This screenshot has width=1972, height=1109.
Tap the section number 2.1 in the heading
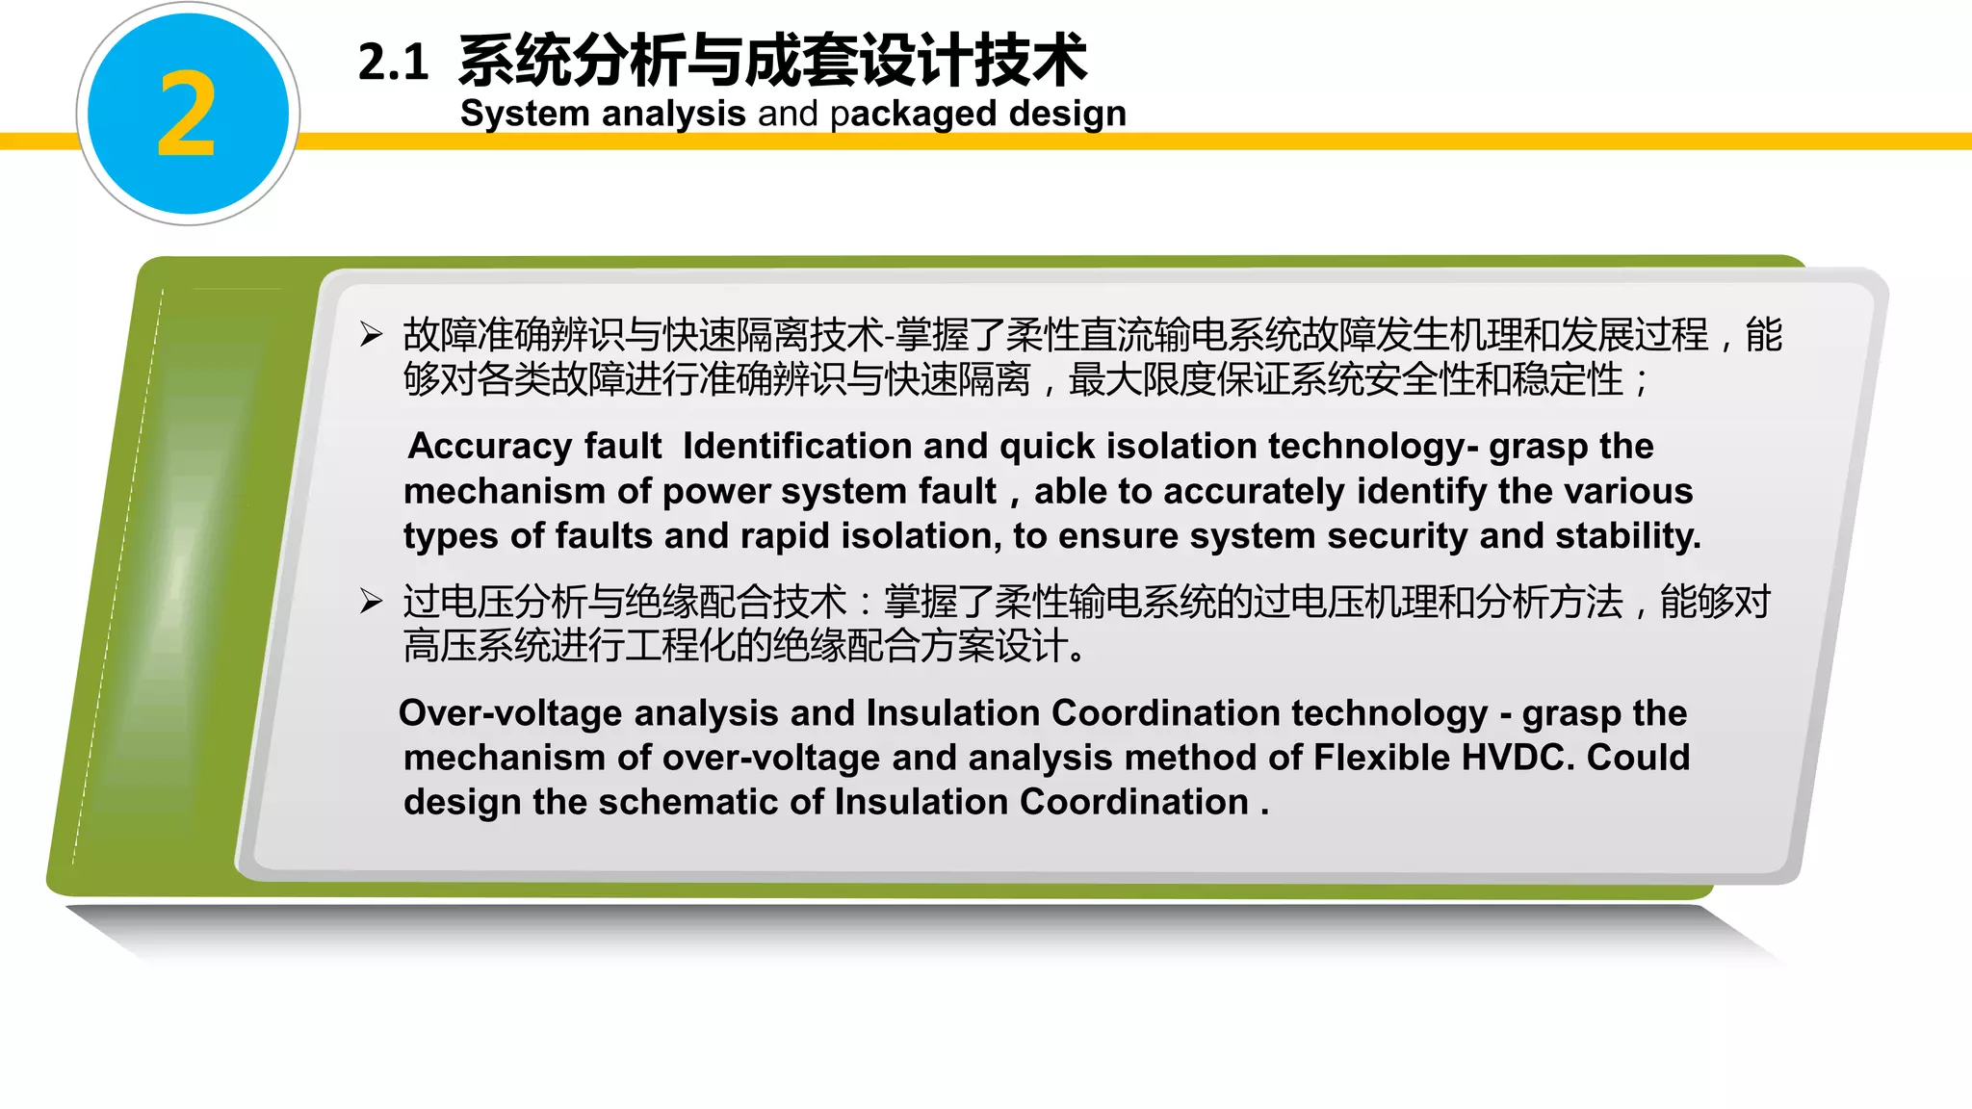393,63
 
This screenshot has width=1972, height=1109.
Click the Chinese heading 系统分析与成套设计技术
772,60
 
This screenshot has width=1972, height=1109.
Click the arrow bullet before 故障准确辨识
372,335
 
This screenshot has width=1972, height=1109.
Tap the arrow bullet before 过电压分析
372,602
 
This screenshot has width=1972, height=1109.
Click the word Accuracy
490,447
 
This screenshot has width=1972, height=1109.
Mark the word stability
1627,536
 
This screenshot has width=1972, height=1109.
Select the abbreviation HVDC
1518,758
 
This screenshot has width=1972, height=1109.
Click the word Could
1638,758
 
